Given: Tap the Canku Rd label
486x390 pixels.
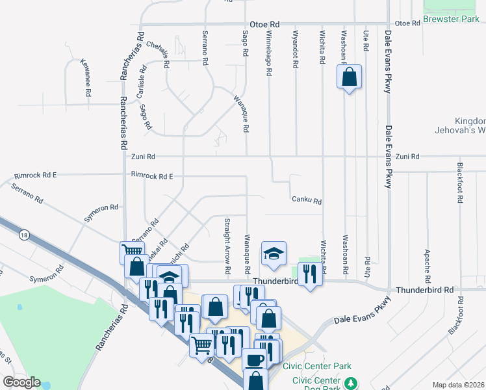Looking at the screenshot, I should [x=307, y=201].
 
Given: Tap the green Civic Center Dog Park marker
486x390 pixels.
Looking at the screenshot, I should [x=351, y=383].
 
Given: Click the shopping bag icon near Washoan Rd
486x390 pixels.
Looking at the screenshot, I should [x=349, y=77].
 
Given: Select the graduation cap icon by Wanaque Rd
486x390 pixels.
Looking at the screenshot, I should [x=274, y=253].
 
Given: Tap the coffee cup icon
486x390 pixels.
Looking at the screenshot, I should [x=254, y=359].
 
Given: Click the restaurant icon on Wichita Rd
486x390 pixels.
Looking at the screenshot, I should [x=310, y=274].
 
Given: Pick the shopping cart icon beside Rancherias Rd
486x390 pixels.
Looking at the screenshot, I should [x=132, y=252].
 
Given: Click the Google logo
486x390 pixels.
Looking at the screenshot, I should [x=21, y=382].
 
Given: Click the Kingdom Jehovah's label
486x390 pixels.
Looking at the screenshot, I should [x=461, y=125].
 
